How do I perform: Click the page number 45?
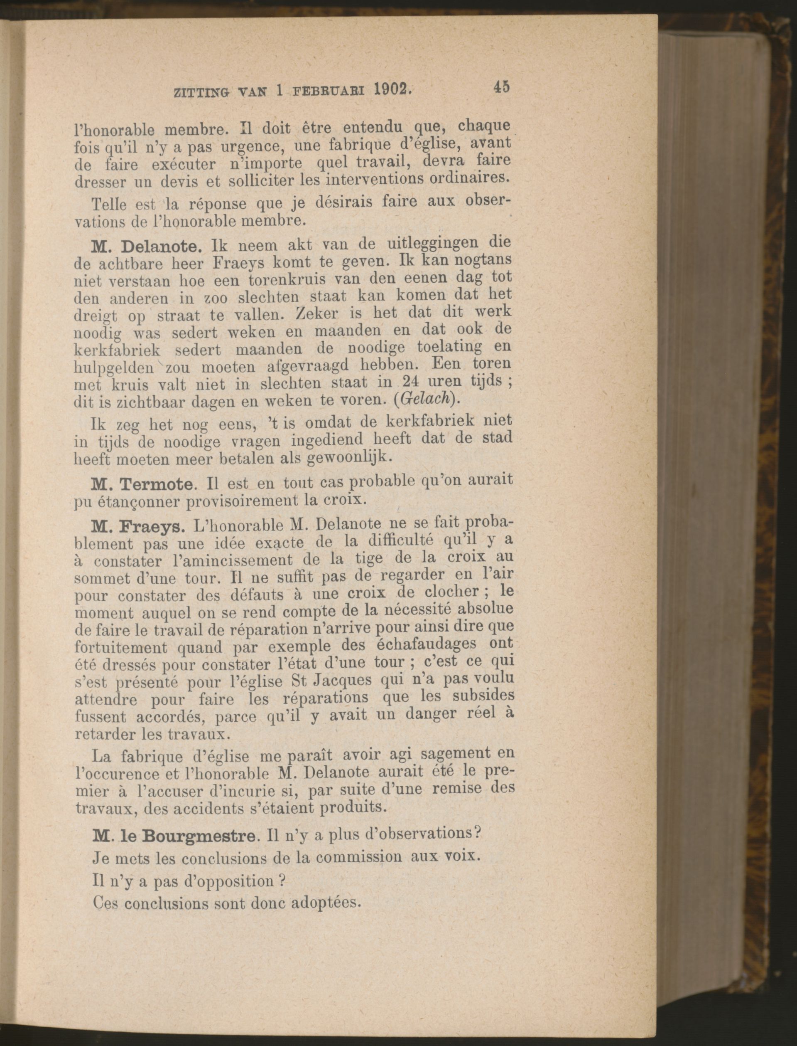[x=501, y=87]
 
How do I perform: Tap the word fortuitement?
[x=121, y=648]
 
